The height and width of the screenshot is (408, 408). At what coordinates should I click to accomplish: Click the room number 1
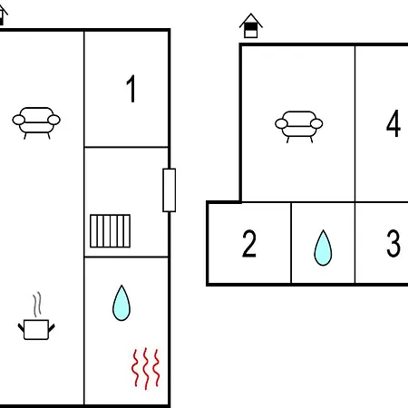131,89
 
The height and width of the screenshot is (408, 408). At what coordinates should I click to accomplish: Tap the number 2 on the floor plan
249,244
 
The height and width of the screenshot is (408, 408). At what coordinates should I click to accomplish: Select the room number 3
393,244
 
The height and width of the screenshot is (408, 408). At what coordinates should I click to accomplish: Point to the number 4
393,123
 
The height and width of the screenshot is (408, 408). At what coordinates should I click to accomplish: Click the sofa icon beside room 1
36,123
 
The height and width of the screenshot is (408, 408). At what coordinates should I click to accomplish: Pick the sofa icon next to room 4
299,127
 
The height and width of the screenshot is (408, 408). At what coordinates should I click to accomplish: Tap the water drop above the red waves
121,303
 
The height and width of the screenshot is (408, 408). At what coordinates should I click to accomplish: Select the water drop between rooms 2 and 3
323,248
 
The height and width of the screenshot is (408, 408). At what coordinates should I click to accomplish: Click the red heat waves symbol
146,368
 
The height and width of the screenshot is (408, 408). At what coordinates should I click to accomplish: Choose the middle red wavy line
146,368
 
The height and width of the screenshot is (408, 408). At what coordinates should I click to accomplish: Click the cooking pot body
36,329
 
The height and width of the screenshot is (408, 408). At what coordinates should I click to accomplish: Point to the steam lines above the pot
37,305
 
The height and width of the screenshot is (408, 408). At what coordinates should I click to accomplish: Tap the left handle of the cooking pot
21,327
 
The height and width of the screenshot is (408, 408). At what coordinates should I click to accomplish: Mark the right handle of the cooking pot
52,327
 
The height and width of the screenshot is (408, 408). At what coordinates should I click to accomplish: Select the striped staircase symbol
111,231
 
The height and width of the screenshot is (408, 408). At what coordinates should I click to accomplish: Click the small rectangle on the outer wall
170,190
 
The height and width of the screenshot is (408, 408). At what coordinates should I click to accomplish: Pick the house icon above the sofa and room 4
251,25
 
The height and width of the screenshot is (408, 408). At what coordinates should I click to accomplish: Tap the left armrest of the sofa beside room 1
19,120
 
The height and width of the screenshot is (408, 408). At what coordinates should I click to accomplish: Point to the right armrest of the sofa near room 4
316,123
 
